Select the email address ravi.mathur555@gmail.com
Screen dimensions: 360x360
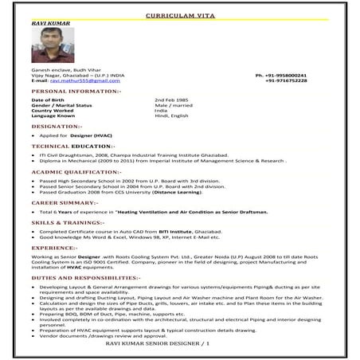pos(85,81)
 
